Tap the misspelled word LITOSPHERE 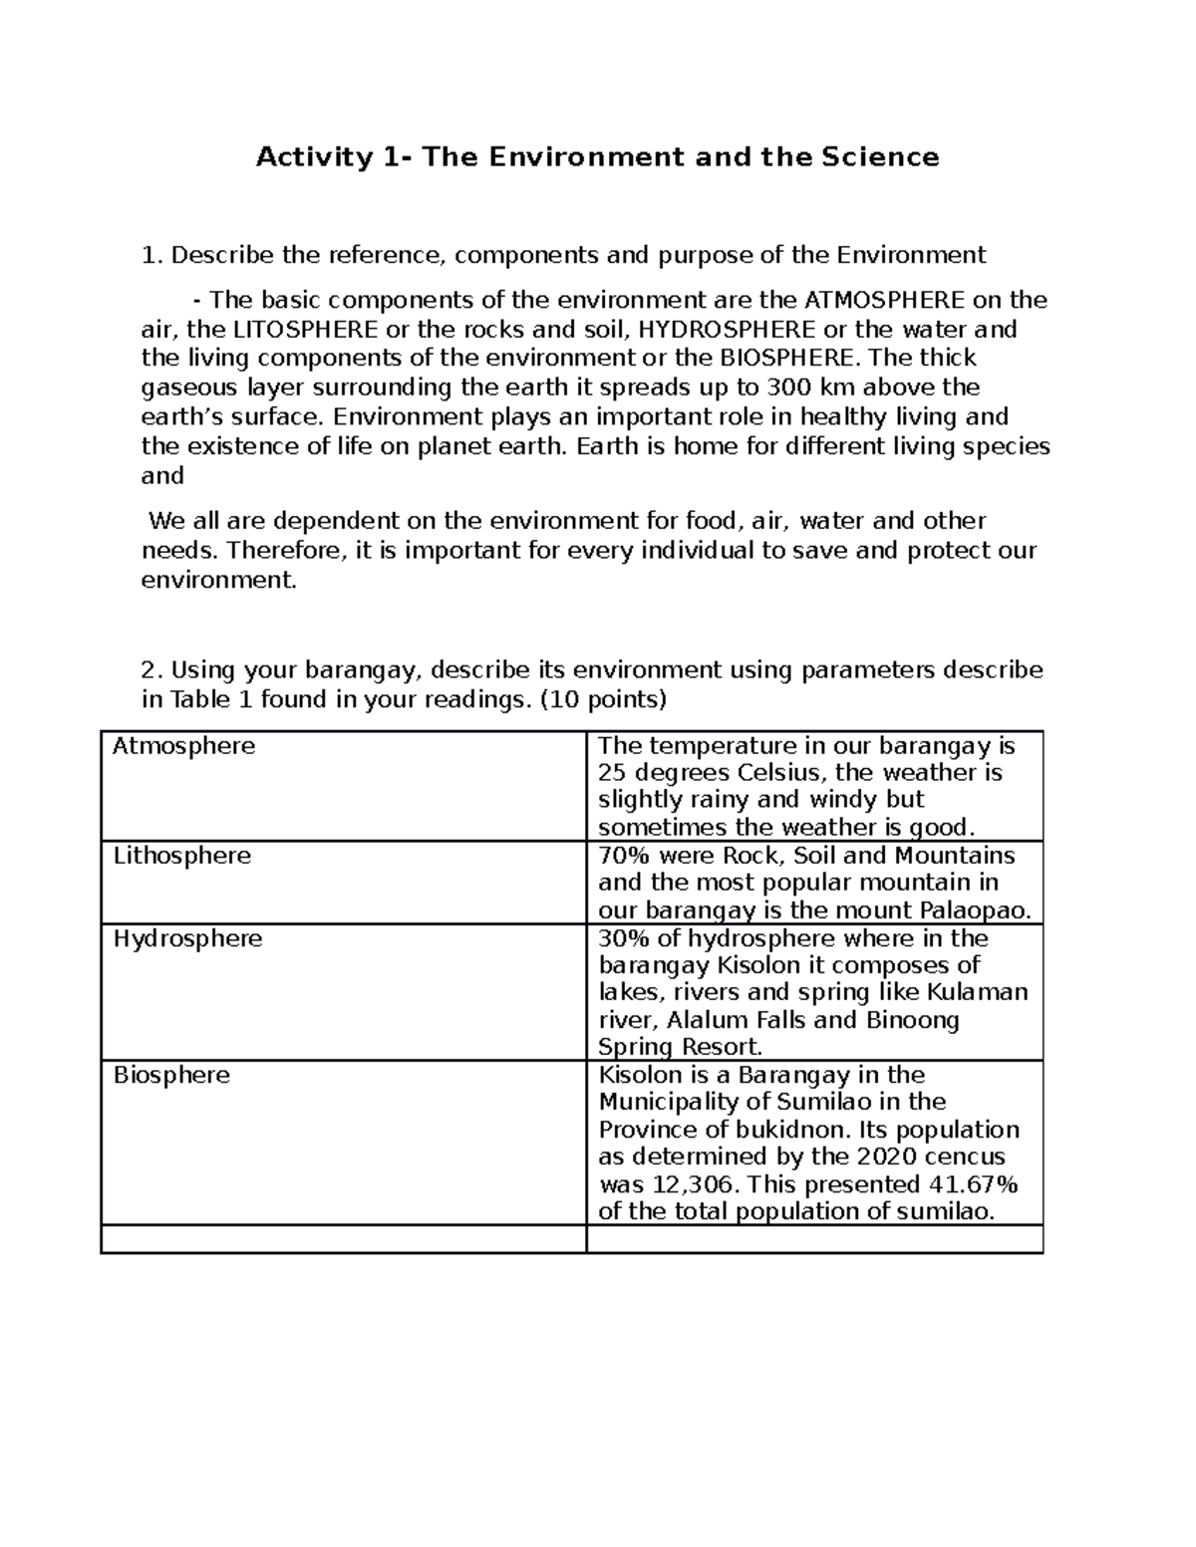(x=308, y=329)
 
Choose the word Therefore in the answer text (x=285, y=550)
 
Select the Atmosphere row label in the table (x=183, y=746)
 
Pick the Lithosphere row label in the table (x=181, y=856)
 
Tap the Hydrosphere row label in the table (x=187, y=938)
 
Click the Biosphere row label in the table (x=171, y=1075)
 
